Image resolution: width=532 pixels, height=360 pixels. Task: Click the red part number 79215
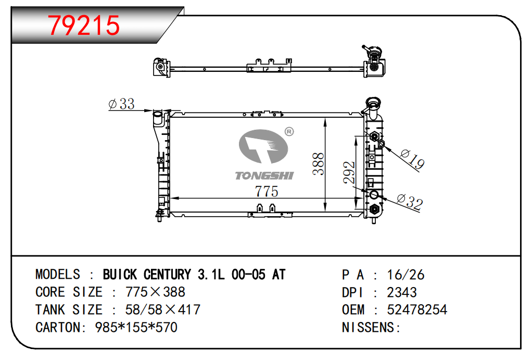point(84,26)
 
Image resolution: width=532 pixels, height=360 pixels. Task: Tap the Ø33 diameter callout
point(121,104)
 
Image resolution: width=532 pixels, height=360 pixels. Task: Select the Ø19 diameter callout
point(412,159)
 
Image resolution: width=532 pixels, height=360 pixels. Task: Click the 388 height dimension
point(318,164)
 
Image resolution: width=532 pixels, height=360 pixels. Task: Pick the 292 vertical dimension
point(349,172)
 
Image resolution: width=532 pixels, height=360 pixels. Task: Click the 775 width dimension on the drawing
point(267,192)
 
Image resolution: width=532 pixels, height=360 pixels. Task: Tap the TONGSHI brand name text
point(264,176)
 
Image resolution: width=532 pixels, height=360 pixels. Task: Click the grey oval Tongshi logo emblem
point(263,146)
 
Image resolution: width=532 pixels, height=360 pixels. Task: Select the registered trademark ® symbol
point(289,131)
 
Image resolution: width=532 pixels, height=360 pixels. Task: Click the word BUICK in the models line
point(120,275)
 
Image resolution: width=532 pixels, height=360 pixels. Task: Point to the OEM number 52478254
point(417,310)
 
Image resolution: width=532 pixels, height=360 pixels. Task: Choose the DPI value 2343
point(402,292)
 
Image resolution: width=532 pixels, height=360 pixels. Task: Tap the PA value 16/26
point(406,275)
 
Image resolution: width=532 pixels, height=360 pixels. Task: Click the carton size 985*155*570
point(136,327)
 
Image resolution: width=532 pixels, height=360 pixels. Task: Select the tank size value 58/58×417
point(163,310)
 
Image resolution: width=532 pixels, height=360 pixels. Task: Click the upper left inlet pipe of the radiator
point(158,117)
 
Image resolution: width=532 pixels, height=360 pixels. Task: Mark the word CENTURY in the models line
point(167,275)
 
